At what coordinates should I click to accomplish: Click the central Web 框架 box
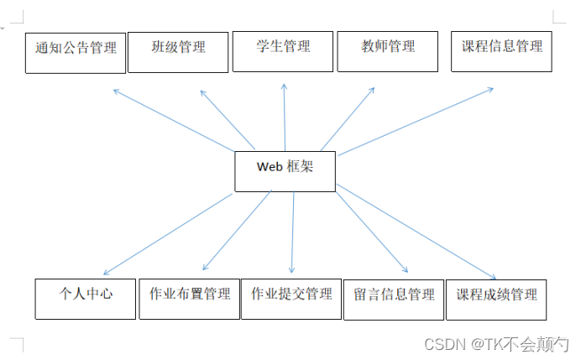point(285,171)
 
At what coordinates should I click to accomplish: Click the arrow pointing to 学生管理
point(285,117)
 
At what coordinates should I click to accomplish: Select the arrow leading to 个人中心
point(168,234)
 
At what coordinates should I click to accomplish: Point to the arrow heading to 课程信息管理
point(416,122)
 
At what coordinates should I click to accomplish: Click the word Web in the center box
point(270,166)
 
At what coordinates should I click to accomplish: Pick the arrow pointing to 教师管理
point(348,118)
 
